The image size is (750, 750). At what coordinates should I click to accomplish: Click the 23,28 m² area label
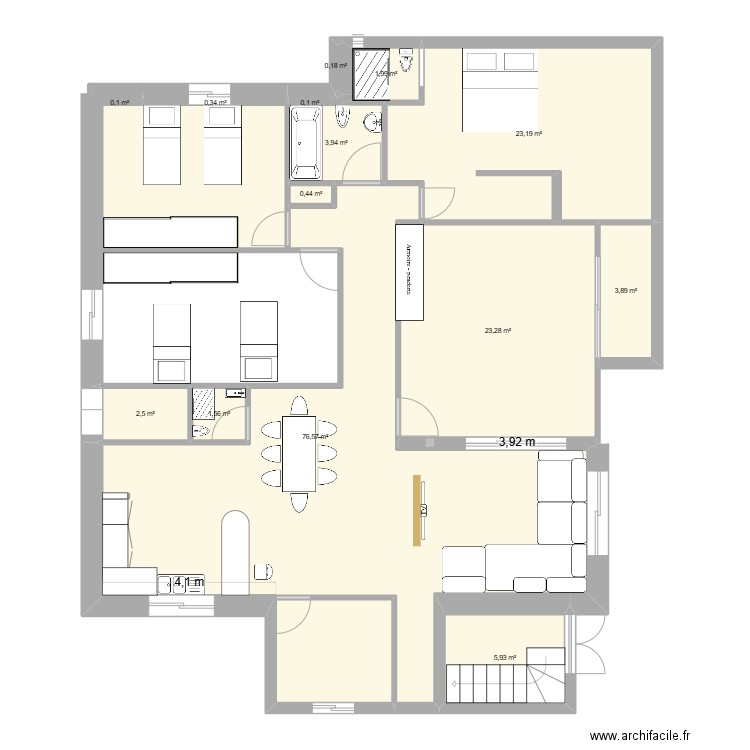[497, 331]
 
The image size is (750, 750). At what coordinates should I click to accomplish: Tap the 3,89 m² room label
[625, 291]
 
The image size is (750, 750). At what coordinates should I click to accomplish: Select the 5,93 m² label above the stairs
[504, 657]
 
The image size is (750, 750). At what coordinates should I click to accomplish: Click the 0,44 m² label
[310, 194]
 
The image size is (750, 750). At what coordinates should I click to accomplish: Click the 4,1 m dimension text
[189, 582]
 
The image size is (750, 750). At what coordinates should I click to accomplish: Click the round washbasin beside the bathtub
[372, 123]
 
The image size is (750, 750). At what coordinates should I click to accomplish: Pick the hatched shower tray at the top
[372, 72]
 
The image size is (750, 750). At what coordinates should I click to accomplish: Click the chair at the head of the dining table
[299, 406]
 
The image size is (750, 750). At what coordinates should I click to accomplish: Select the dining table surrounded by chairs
[299, 454]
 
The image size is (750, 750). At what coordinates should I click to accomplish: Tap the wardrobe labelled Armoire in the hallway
[410, 270]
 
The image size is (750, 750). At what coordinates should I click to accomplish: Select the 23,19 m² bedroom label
[528, 133]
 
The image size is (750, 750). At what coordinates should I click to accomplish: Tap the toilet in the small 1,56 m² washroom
[200, 431]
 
